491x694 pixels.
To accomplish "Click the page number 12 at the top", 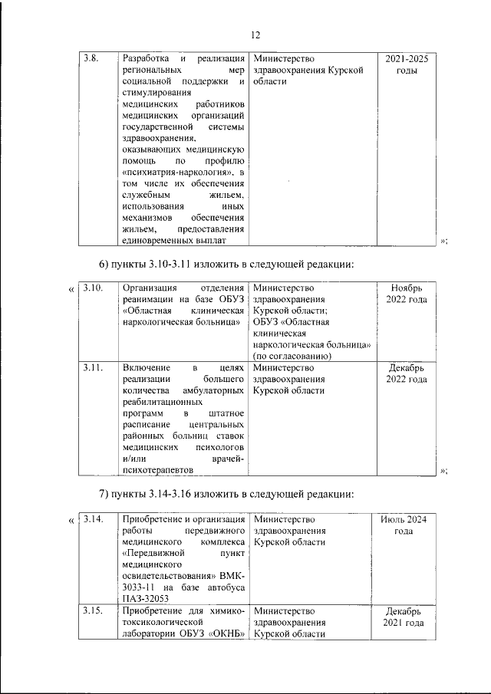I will point(255,35).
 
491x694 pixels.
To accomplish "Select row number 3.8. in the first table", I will point(91,58).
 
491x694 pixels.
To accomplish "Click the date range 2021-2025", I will point(407,58).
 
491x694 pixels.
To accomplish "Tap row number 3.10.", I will point(92,288).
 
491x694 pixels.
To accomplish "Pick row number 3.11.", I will point(92,368).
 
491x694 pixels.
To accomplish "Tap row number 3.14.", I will point(92,519).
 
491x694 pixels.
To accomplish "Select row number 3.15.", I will point(92,611).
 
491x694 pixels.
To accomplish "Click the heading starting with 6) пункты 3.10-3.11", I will point(226,265).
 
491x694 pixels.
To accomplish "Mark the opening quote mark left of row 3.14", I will point(72,521).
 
